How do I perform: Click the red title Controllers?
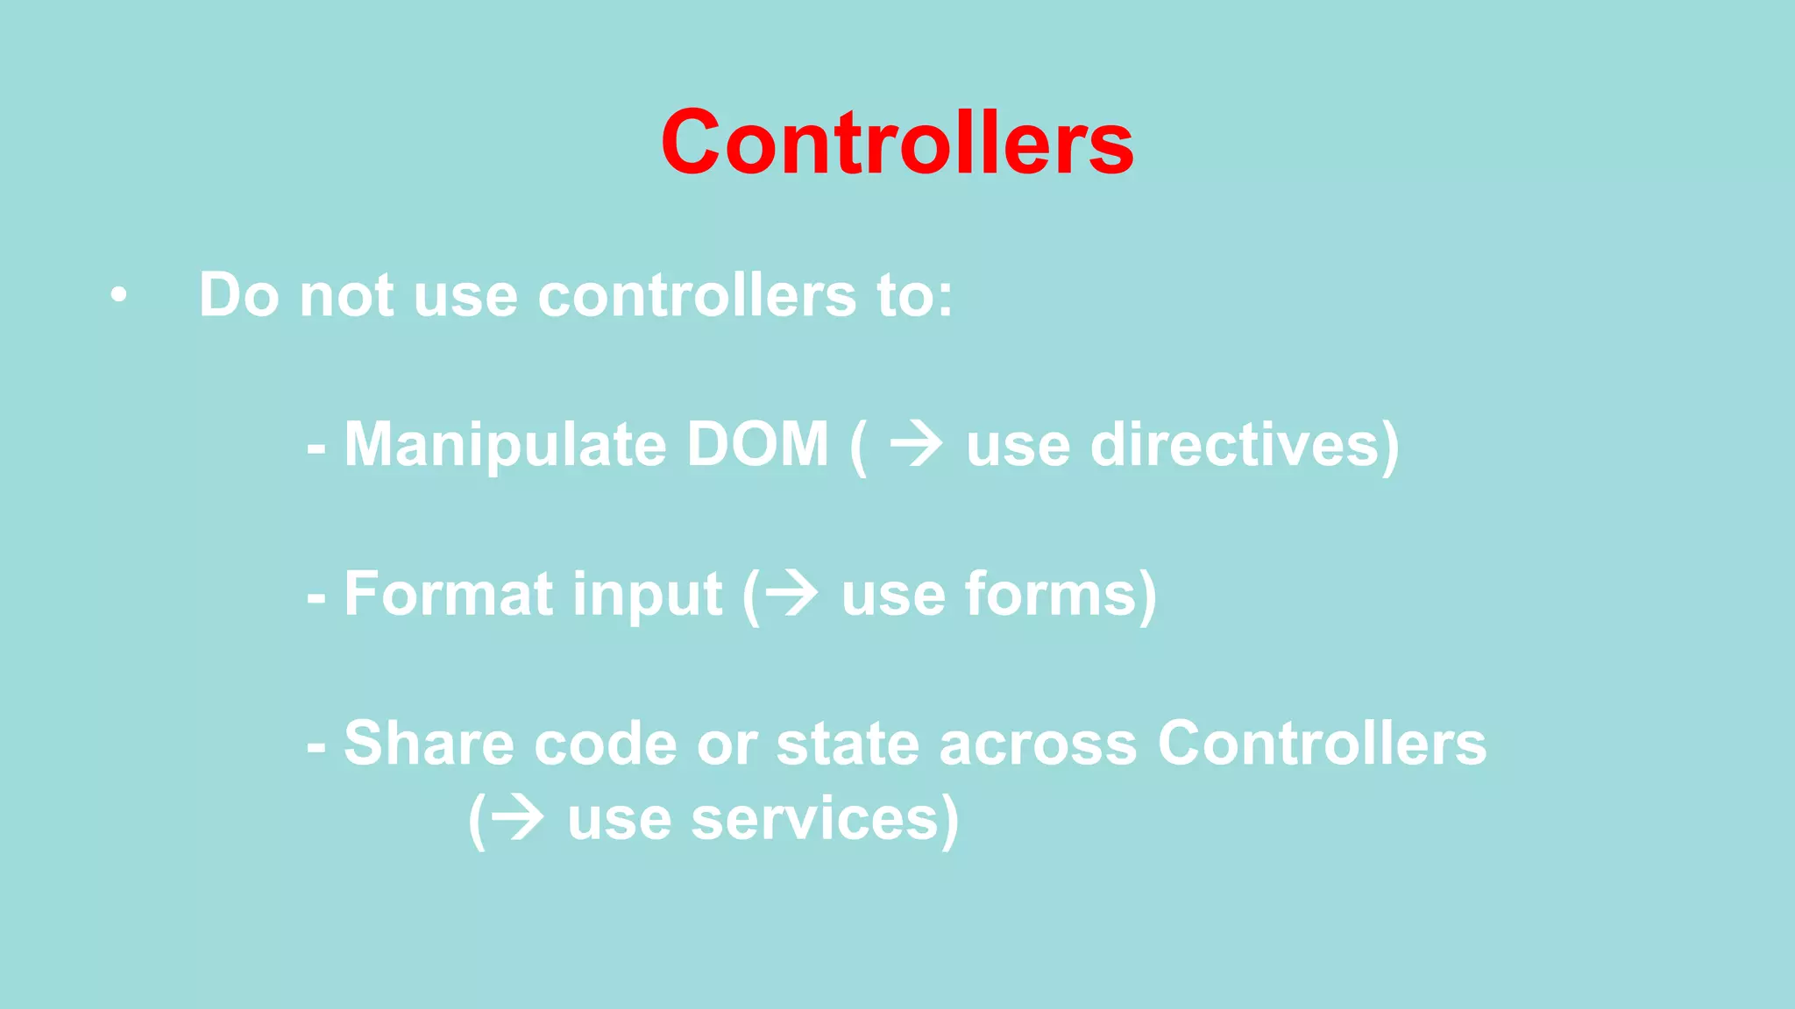coord(897,143)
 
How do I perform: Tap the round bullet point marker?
coord(118,296)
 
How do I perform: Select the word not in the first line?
coord(346,295)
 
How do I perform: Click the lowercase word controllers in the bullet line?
coord(697,295)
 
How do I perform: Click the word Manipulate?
coord(506,445)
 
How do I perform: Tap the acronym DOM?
coord(757,444)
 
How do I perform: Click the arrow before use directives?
coord(917,444)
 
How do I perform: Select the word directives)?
coord(1245,445)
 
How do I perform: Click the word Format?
coord(448,595)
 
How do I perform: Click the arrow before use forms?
coord(792,595)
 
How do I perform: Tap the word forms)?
coord(1061,595)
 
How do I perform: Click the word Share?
coord(429,744)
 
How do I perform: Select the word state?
coord(848,744)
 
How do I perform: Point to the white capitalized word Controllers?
coord(1322,744)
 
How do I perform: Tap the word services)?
coord(824,820)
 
